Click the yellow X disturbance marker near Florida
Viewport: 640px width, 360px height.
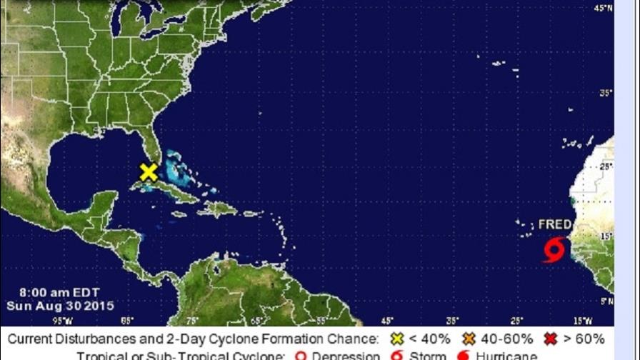pyautogui.click(x=149, y=172)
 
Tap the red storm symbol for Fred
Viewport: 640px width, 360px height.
pyautogui.click(x=554, y=250)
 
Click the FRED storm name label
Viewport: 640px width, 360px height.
pyautogui.click(x=555, y=224)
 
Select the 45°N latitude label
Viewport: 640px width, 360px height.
pyautogui.click(x=604, y=9)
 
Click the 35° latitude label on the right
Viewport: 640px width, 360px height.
pyautogui.click(x=606, y=92)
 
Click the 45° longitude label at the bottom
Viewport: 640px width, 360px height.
pyautogui.click(x=386, y=321)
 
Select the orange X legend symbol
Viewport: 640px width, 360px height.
pyautogui.click(x=469, y=339)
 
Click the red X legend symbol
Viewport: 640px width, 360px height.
pyautogui.click(x=551, y=339)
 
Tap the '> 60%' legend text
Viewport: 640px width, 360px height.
pyautogui.click(x=584, y=339)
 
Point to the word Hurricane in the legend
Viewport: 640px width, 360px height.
pyautogui.click(x=508, y=355)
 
